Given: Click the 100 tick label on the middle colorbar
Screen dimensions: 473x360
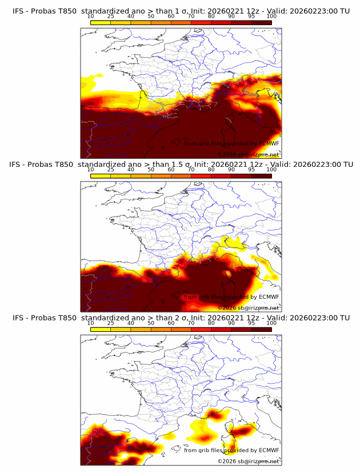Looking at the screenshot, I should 272,170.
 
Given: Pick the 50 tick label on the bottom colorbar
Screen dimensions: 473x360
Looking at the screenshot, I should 151,323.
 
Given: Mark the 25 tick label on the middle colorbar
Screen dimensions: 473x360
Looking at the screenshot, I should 111,170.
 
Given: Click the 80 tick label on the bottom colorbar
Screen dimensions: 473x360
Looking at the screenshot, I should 211,323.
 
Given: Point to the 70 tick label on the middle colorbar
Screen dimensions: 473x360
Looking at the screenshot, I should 191,170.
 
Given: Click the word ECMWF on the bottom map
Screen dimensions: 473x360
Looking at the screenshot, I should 269,451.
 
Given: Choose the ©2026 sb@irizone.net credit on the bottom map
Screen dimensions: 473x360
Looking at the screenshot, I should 248,462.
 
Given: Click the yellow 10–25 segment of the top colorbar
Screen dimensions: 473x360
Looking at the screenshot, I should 101,22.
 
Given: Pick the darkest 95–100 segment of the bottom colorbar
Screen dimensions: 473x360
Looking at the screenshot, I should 262,330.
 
